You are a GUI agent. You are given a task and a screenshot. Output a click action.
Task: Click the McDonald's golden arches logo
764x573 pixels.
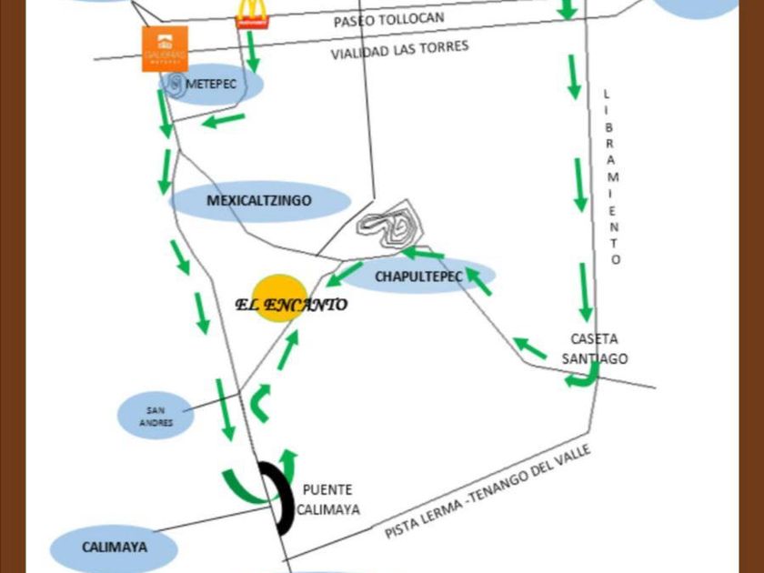click(250, 12)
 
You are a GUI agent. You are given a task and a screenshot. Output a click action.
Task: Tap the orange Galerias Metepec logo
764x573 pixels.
click(165, 48)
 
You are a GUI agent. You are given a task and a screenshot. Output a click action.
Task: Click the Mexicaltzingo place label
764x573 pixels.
click(259, 201)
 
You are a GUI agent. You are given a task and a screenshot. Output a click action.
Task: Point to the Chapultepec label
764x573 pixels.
click(418, 276)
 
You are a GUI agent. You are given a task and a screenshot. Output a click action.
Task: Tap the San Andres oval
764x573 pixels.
click(156, 415)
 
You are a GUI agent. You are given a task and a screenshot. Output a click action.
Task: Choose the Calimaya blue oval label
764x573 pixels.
click(115, 548)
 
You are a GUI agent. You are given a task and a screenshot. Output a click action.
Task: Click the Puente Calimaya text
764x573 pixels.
click(327, 499)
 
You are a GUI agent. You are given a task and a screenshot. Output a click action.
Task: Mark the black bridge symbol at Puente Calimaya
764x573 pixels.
click(277, 497)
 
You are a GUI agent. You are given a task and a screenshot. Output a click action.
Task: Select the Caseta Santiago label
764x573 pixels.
click(595, 347)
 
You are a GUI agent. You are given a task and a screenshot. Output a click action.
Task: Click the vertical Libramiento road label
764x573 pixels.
click(612, 176)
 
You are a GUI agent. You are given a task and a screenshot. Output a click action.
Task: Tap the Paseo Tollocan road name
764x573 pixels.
click(388, 19)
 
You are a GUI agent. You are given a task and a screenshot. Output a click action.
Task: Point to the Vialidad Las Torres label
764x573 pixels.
click(400, 50)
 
